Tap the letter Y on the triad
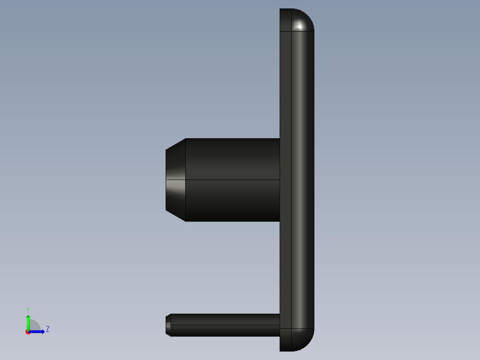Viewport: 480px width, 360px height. [x=28, y=309]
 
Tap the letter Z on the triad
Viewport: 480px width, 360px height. [x=48, y=329]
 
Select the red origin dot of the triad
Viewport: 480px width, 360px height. [x=28, y=332]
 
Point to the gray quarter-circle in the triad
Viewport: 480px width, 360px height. [x=35, y=326]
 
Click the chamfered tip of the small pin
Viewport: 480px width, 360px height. [x=168, y=325]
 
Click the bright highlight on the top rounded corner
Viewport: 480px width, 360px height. [x=300, y=26]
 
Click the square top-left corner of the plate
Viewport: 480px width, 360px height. [x=281, y=10]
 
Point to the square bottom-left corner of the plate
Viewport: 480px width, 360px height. [x=281, y=350]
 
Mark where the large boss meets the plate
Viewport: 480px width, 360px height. [x=280, y=180]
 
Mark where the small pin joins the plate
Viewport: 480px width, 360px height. [x=280, y=325]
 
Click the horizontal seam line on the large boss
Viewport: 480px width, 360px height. [x=232, y=180]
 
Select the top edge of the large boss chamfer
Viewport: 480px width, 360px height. [x=175, y=143]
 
